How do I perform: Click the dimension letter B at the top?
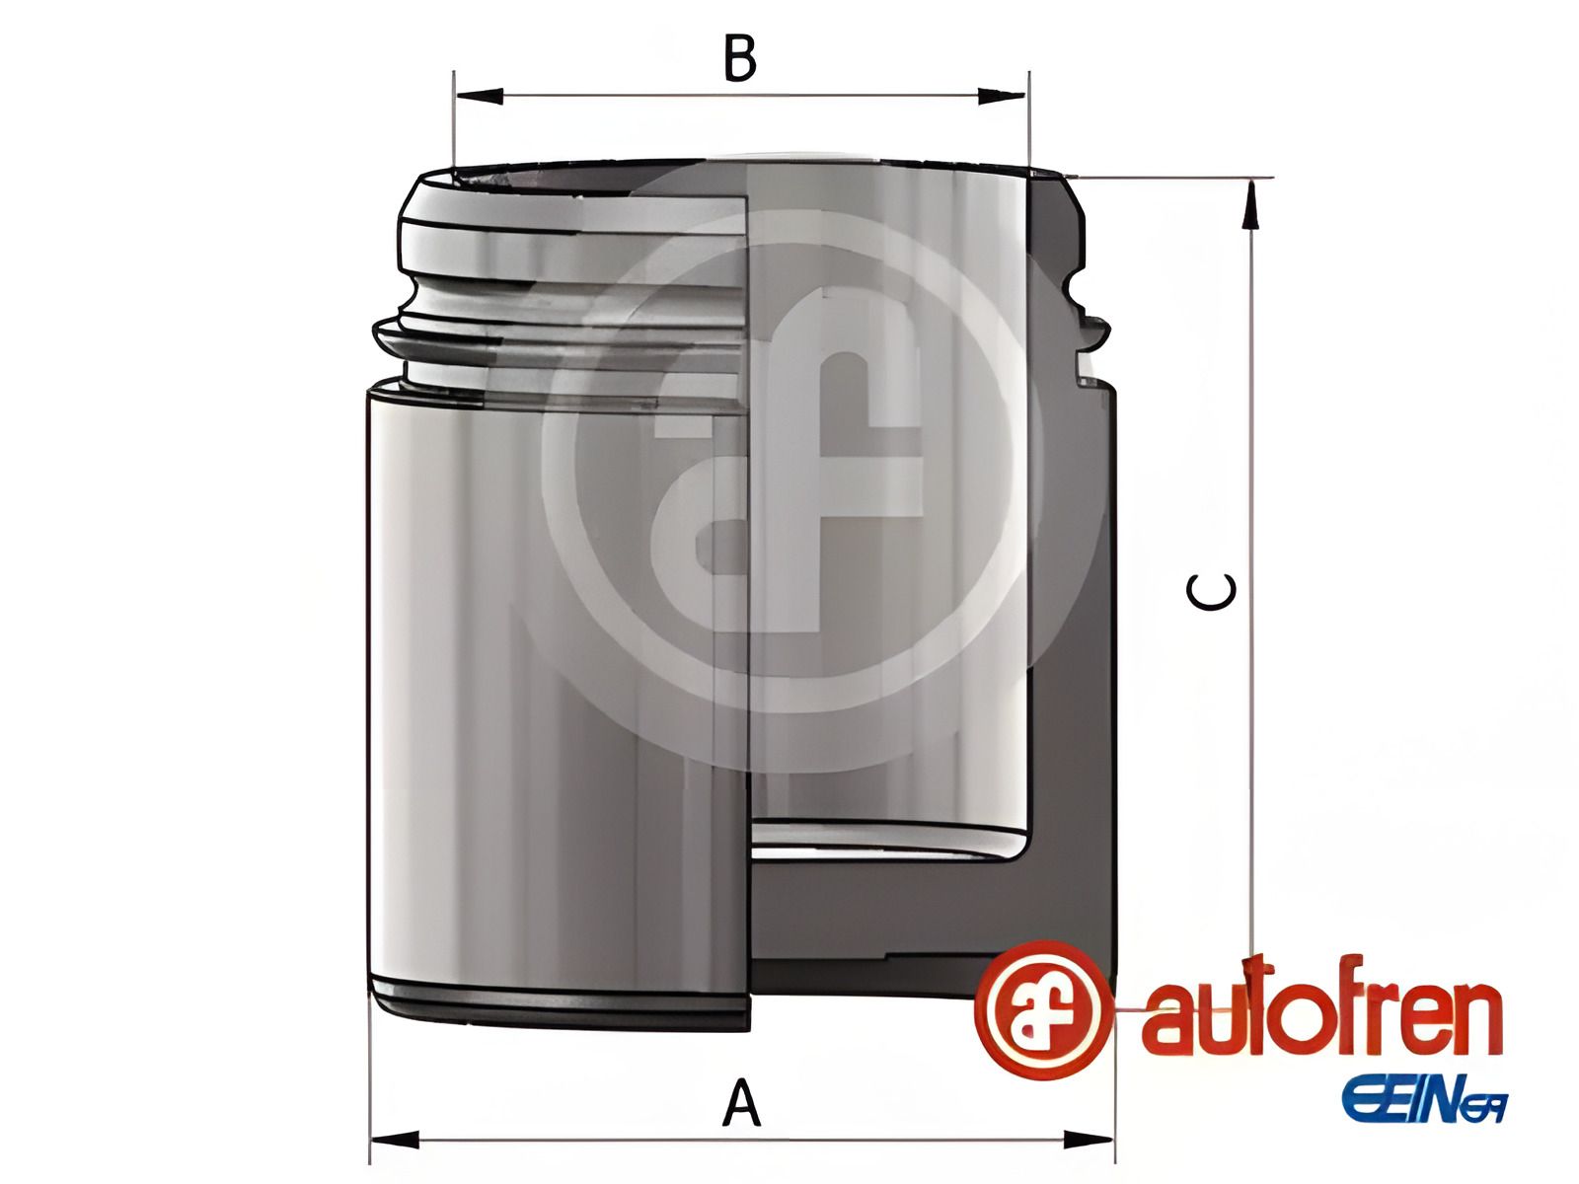pos(740,59)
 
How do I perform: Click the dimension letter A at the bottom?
pos(741,1104)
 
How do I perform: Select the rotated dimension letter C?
pos(1212,592)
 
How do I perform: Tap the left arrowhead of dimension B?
pos(478,96)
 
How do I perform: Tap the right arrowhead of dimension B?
pos(1003,96)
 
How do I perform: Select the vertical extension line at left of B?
pos(453,118)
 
